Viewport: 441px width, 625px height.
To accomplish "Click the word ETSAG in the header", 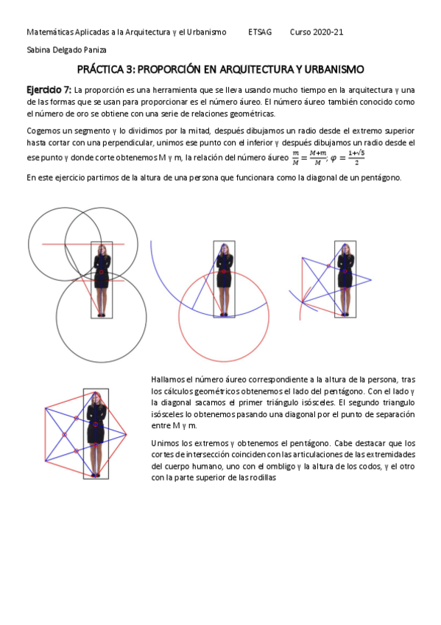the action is pyautogui.click(x=260, y=32).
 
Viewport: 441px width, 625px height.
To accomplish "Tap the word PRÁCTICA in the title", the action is pyautogui.click(x=100, y=69).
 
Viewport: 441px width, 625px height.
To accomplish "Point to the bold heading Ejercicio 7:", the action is pyautogui.click(x=49, y=90).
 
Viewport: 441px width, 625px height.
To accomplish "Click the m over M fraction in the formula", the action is pyautogui.click(x=295, y=158).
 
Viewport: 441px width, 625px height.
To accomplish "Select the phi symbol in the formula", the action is pyautogui.click(x=333, y=158).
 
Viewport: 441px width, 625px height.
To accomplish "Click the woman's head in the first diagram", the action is pyautogui.click(x=102, y=250).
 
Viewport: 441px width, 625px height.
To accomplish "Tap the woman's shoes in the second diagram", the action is pyautogui.click(x=224, y=315).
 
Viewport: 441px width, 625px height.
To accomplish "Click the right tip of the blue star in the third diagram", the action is pyautogui.click(x=371, y=280).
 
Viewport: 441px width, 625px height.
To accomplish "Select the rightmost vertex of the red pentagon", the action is pyautogui.click(x=126, y=434).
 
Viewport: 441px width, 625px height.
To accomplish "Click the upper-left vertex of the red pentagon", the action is pyautogui.click(x=46, y=408).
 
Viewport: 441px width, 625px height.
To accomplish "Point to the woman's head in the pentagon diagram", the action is pyautogui.click(x=96, y=399).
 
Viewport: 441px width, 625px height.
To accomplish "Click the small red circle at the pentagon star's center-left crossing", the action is pyautogui.click(x=65, y=434).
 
